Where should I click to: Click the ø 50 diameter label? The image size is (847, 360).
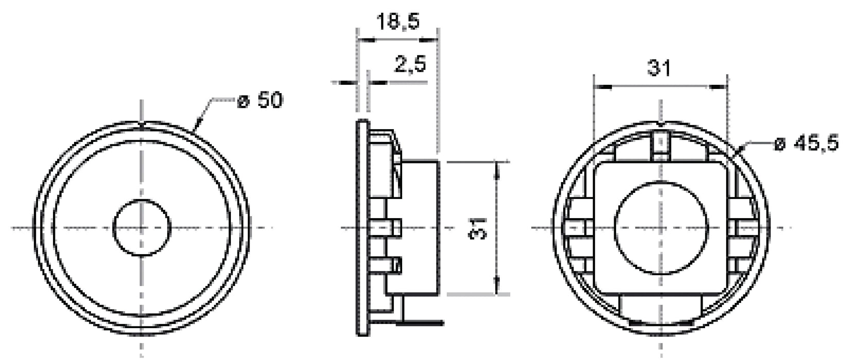point(260,101)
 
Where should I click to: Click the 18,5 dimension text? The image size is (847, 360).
point(398,22)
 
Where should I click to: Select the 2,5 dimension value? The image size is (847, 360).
point(409,65)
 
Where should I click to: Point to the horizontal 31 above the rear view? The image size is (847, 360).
point(659,68)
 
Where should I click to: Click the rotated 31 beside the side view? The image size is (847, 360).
point(478,227)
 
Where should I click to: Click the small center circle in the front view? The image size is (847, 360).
point(141,227)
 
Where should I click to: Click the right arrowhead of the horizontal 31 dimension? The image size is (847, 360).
point(720,87)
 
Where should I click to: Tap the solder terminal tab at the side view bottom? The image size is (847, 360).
point(422,322)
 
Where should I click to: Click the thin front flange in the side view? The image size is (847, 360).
point(363,227)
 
